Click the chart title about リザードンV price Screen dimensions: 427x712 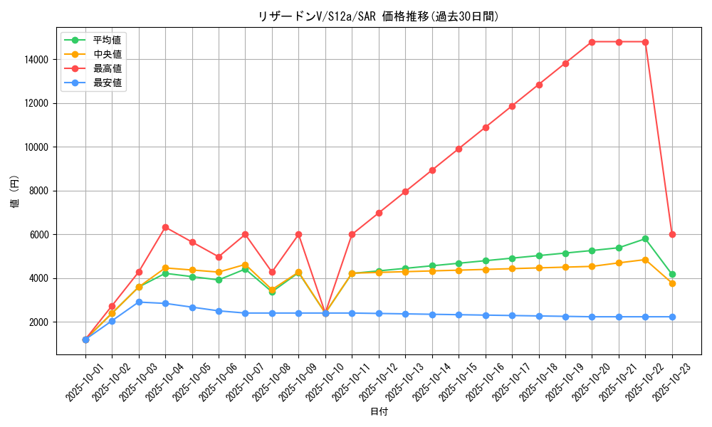378,16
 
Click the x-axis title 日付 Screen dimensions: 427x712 378,412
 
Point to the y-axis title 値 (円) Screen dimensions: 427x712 14,191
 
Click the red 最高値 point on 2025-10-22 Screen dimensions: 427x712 645,42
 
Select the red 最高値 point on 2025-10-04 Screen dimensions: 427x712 165,227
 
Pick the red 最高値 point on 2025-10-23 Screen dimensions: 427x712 672,234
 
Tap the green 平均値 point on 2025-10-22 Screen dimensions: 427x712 645,238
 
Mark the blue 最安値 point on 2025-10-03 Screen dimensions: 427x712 139,302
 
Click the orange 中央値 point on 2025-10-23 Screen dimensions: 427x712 672,283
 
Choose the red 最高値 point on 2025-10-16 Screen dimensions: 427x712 486,127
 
